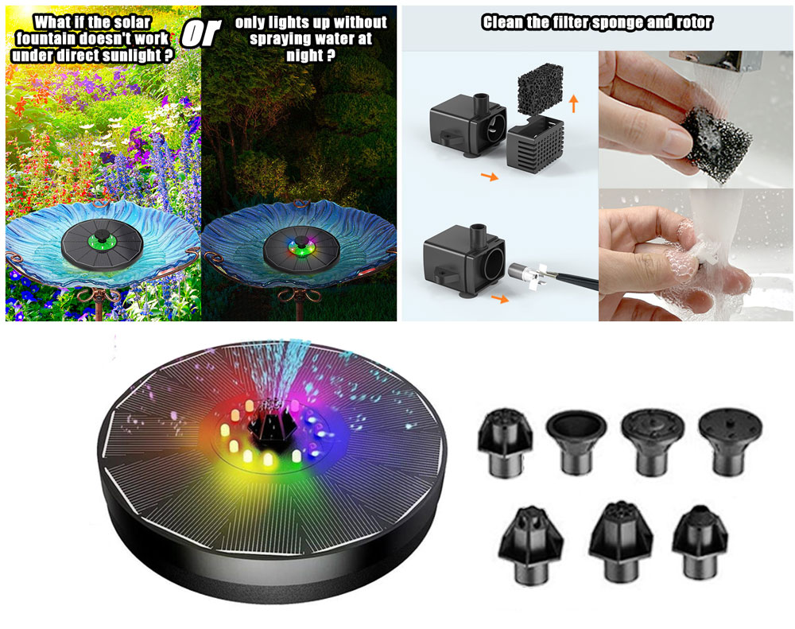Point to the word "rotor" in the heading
(x=695, y=22)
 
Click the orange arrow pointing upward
(x=573, y=104)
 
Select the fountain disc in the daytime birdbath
(x=102, y=244)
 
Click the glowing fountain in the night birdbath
(x=301, y=248)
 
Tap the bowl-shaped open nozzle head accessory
(x=576, y=441)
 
